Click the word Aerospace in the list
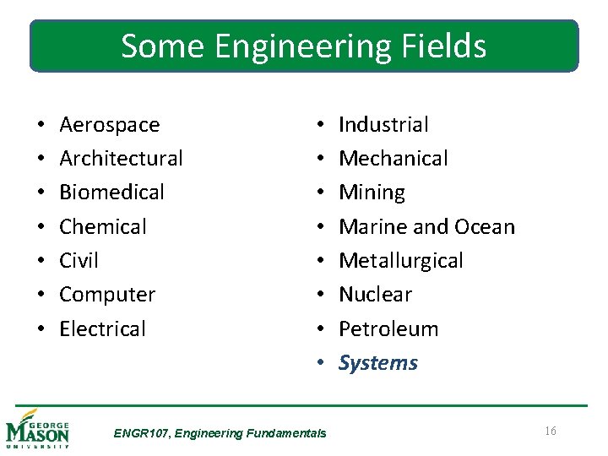coord(109,125)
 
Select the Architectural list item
coord(121,159)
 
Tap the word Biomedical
coord(111,193)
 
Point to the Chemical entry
coord(103,227)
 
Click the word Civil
coord(79,261)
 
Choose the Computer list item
coord(107,296)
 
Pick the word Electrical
coord(102,329)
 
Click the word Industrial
coord(383,125)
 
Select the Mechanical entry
coord(394,159)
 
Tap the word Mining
coord(372,193)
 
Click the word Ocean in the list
coord(484,227)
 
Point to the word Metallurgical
coord(401,261)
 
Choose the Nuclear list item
coord(375,295)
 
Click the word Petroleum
coord(388,329)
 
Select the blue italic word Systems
coord(378,363)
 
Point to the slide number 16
coord(550,432)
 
